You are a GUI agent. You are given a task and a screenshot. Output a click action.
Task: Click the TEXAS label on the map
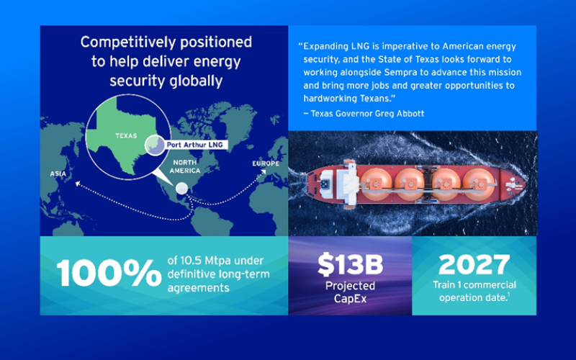(x=126, y=136)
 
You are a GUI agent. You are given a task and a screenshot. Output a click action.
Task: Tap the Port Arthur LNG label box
(x=195, y=145)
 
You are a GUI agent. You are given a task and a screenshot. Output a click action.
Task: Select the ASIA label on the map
(x=58, y=174)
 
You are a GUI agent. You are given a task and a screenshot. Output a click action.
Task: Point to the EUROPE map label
(x=266, y=163)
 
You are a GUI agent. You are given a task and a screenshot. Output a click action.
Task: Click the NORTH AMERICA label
(x=185, y=166)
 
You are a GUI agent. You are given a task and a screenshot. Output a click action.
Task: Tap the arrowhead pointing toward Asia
(x=78, y=184)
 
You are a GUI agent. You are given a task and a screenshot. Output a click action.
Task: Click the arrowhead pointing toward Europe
(x=264, y=172)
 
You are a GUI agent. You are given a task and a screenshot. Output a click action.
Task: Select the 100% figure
(x=109, y=273)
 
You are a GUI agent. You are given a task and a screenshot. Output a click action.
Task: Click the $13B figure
(x=350, y=264)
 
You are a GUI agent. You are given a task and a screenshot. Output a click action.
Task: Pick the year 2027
(x=474, y=264)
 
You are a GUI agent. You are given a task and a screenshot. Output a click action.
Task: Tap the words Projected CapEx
(x=350, y=292)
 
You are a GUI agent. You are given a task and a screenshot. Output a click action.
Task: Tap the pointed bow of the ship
(x=525, y=183)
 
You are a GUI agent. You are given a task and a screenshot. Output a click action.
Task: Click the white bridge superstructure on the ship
(x=349, y=183)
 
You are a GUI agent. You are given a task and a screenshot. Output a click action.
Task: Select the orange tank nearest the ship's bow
(x=478, y=184)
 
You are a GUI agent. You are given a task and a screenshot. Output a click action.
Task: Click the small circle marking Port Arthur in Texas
(x=155, y=145)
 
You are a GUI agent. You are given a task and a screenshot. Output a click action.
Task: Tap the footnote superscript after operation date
(x=508, y=294)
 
